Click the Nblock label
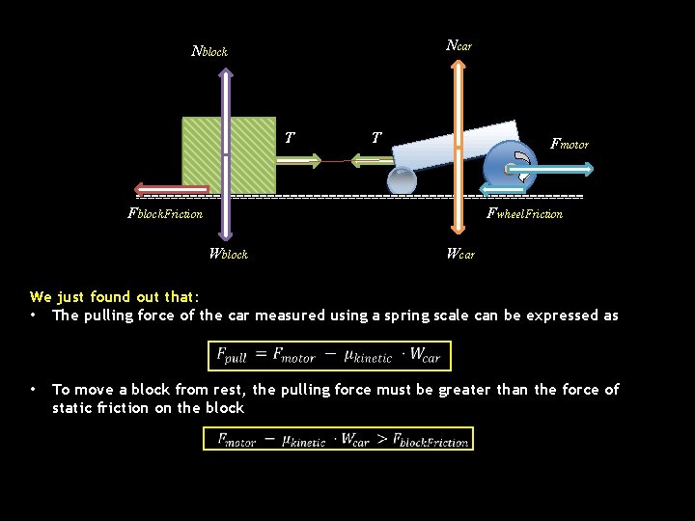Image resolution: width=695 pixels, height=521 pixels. (x=209, y=51)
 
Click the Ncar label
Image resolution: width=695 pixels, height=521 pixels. (x=459, y=45)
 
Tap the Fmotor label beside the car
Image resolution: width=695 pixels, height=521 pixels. (x=569, y=144)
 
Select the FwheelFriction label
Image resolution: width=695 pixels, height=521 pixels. (x=524, y=213)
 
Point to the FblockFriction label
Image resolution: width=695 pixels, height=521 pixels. (x=165, y=213)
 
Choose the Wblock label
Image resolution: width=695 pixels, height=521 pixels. (x=229, y=254)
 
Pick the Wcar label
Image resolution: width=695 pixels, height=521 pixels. (x=460, y=254)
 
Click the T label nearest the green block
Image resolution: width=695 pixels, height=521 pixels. (x=290, y=138)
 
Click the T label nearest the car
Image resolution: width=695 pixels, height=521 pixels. (x=376, y=138)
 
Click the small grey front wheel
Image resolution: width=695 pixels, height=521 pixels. (x=402, y=180)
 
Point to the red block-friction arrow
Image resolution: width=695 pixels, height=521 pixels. (x=174, y=189)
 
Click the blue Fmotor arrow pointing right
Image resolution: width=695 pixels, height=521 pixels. (x=565, y=169)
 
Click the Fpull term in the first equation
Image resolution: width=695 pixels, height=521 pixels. (x=232, y=356)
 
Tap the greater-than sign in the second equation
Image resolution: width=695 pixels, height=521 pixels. (x=383, y=440)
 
